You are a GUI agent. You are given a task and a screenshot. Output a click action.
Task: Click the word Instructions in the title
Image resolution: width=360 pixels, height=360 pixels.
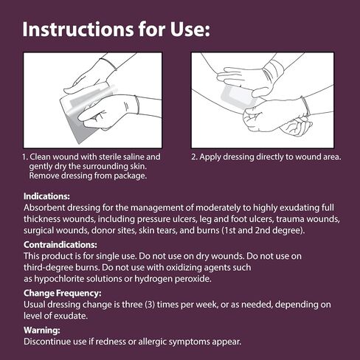tap(78, 30)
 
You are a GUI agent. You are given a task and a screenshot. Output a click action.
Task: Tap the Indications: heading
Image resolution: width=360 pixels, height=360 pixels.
tap(46, 196)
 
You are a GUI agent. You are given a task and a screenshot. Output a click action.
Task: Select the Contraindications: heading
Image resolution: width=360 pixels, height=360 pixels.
tap(60, 245)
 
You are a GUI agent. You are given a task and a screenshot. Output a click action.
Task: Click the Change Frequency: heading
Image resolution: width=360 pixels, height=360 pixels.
tap(63, 293)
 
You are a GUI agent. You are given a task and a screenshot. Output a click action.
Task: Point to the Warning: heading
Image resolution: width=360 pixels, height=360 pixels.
tap(42, 330)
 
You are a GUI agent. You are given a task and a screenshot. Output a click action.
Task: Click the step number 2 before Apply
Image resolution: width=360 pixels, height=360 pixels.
tap(194, 157)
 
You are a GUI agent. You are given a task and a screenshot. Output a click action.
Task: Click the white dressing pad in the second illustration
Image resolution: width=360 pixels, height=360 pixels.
tap(238, 97)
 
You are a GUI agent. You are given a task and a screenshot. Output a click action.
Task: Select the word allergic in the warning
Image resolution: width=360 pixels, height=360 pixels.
tap(153, 342)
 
